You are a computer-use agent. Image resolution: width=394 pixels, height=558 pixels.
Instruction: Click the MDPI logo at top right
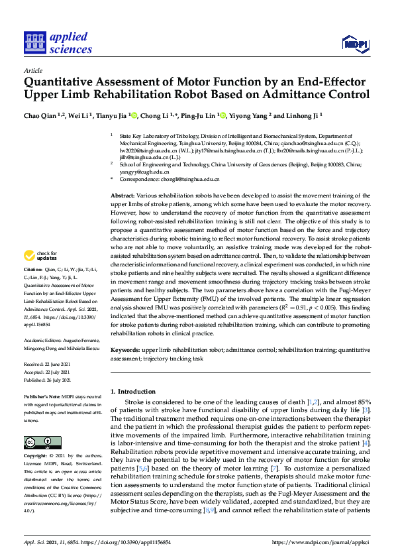click(354, 44)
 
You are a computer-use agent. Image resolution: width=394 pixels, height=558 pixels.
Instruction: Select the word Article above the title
click(32, 70)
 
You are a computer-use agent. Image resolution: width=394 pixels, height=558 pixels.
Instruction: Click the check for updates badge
click(42, 256)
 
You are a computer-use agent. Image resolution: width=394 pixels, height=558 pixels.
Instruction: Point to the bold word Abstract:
click(122, 197)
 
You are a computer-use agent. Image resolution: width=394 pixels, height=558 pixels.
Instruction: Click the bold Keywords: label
click(124, 349)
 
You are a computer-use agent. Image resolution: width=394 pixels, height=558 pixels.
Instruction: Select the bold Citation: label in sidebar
click(33, 270)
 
